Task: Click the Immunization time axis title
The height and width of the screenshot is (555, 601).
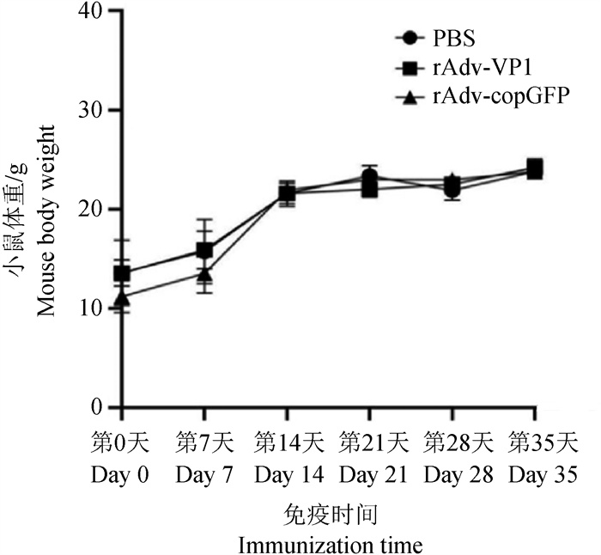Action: pos(330,545)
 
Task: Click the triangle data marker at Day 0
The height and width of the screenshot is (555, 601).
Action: pos(122,298)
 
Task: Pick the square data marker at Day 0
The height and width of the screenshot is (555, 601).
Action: pos(122,274)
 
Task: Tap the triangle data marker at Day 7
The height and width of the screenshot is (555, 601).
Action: pos(204,274)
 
